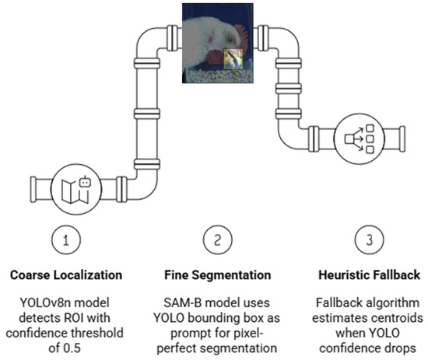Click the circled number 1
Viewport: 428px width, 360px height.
pos(66,239)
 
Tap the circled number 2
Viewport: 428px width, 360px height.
pos(218,239)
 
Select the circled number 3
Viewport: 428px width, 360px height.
pos(370,239)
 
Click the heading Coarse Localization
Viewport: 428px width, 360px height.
pos(66,275)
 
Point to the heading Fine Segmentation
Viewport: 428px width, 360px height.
pos(218,275)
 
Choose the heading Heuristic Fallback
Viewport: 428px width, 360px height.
pos(370,275)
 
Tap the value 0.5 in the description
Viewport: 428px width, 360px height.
pos(72,348)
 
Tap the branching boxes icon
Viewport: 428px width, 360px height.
pos(360,139)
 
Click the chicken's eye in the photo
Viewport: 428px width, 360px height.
pos(230,40)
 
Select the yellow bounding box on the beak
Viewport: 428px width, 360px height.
pos(233,58)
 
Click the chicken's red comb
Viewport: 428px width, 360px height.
pos(241,36)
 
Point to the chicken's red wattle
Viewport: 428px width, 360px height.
pos(215,58)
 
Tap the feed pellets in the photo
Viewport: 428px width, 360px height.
pos(219,75)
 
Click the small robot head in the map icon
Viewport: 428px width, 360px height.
pos(85,182)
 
